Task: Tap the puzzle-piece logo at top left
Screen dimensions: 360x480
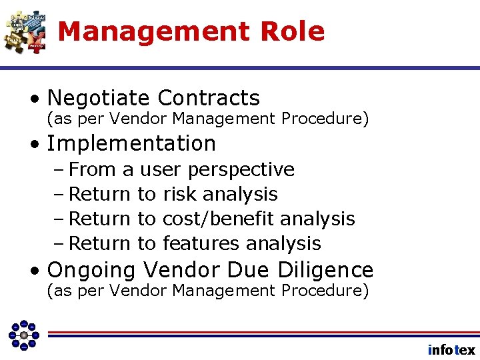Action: (25, 31)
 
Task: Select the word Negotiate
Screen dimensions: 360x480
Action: (99, 99)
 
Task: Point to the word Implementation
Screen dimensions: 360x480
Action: (131, 143)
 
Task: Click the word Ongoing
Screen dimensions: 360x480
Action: (92, 270)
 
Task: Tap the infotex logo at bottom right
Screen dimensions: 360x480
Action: (451, 350)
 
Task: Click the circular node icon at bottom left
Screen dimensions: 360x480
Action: (23, 335)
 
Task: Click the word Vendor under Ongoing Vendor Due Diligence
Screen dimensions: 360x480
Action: (132, 291)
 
